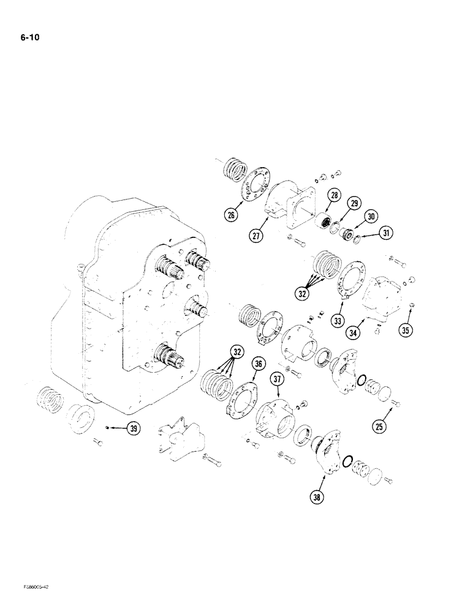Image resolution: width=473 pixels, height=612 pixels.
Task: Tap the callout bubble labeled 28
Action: click(334, 196)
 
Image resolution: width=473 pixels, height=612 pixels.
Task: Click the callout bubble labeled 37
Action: click(279, 381)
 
